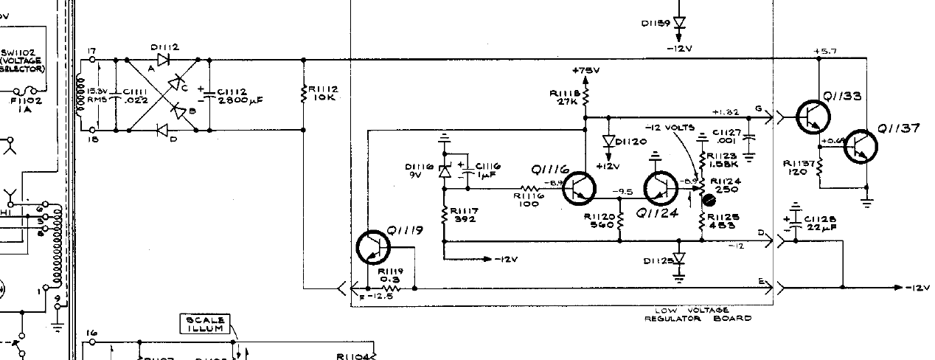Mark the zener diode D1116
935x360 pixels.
point(444,171)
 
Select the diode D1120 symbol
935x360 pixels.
point(608,141)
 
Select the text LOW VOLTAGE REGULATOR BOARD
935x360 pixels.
point(698,314)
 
